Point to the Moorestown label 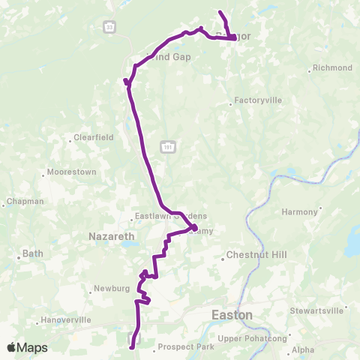(x=71, y=172)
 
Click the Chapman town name (x=25, y=202)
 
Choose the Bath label (x=33, y=253)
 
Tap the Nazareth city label (x=111, y=236)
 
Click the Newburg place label (x=113, y=288)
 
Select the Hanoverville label (x=66, y=319)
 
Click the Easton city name (x=232, y=314)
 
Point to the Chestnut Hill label (x=256, y=255)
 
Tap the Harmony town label (x=300, y=212)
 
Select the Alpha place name (x=303, y=349)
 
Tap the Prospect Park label (x=187, y=347)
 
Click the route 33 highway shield (x=109, y=27)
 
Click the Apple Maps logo (x=27, y=347)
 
